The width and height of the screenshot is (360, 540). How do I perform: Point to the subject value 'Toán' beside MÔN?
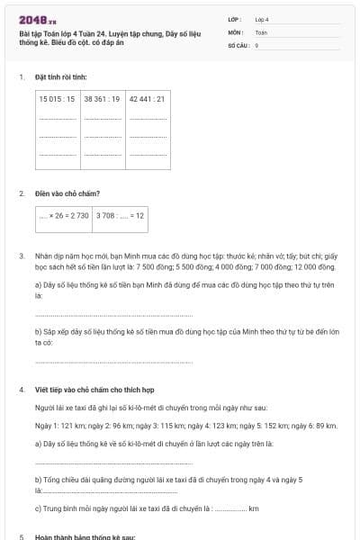tap(261, 31)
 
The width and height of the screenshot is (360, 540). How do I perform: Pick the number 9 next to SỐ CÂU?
tap(256, 44)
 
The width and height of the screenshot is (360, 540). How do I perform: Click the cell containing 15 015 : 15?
tap(58, 98)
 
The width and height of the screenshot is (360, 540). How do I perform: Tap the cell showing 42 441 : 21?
tap(148, 98)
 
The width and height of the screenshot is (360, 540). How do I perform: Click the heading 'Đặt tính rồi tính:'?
tap(60, 77)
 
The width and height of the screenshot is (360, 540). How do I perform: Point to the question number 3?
tap(22, 256)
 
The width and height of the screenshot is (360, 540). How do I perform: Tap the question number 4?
tap(22, 390)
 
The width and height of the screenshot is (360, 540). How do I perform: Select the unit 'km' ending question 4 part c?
tap(254, 508)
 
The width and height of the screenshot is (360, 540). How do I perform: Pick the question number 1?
tap(22, 77)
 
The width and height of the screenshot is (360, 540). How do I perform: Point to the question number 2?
tap(22, 193)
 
